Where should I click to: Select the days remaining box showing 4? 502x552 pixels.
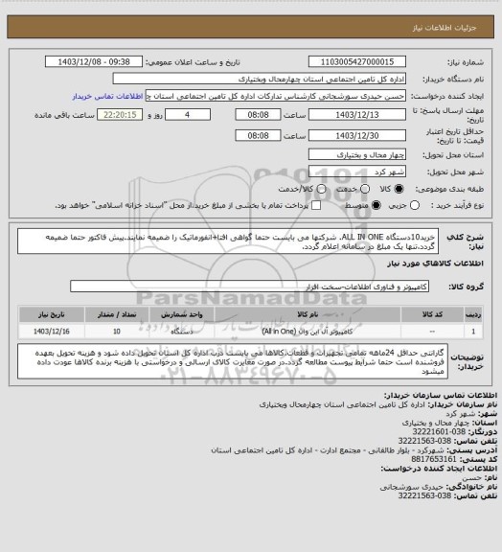point(198,116)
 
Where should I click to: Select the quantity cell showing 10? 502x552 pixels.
point(116,331)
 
